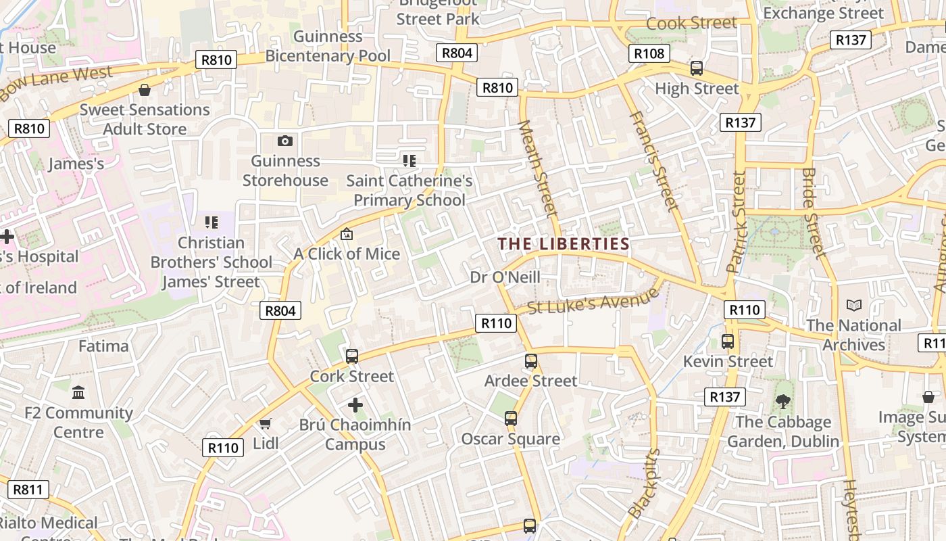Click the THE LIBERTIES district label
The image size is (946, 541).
tap(564, 244)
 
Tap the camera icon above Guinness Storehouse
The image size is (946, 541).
tap(285, 141)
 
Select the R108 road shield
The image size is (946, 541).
tap(649, 53)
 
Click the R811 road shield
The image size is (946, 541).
tap(28, 489)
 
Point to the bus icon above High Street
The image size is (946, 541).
tap(696, 68)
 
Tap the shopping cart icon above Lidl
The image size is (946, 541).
tap(265, 424)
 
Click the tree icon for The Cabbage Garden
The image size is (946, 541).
tap(783, 402)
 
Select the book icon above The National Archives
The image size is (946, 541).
tap(854, 306)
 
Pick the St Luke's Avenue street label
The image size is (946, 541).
tap(593, 300)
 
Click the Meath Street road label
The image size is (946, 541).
tap(539, 169)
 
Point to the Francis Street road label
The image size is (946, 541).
tap(653, 161)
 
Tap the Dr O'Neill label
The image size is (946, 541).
tap(505, 277)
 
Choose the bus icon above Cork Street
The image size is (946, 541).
tap(351, 356)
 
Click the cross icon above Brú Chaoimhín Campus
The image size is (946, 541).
tap(355, 405)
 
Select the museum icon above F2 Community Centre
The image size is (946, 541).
tap(78, 393)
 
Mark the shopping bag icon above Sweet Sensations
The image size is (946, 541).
tap(145, 90)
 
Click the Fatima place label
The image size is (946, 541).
tap(103, 346)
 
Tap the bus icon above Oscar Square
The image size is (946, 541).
tap(511, 419)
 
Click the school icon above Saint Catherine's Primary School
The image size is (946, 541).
tap(409, 161)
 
